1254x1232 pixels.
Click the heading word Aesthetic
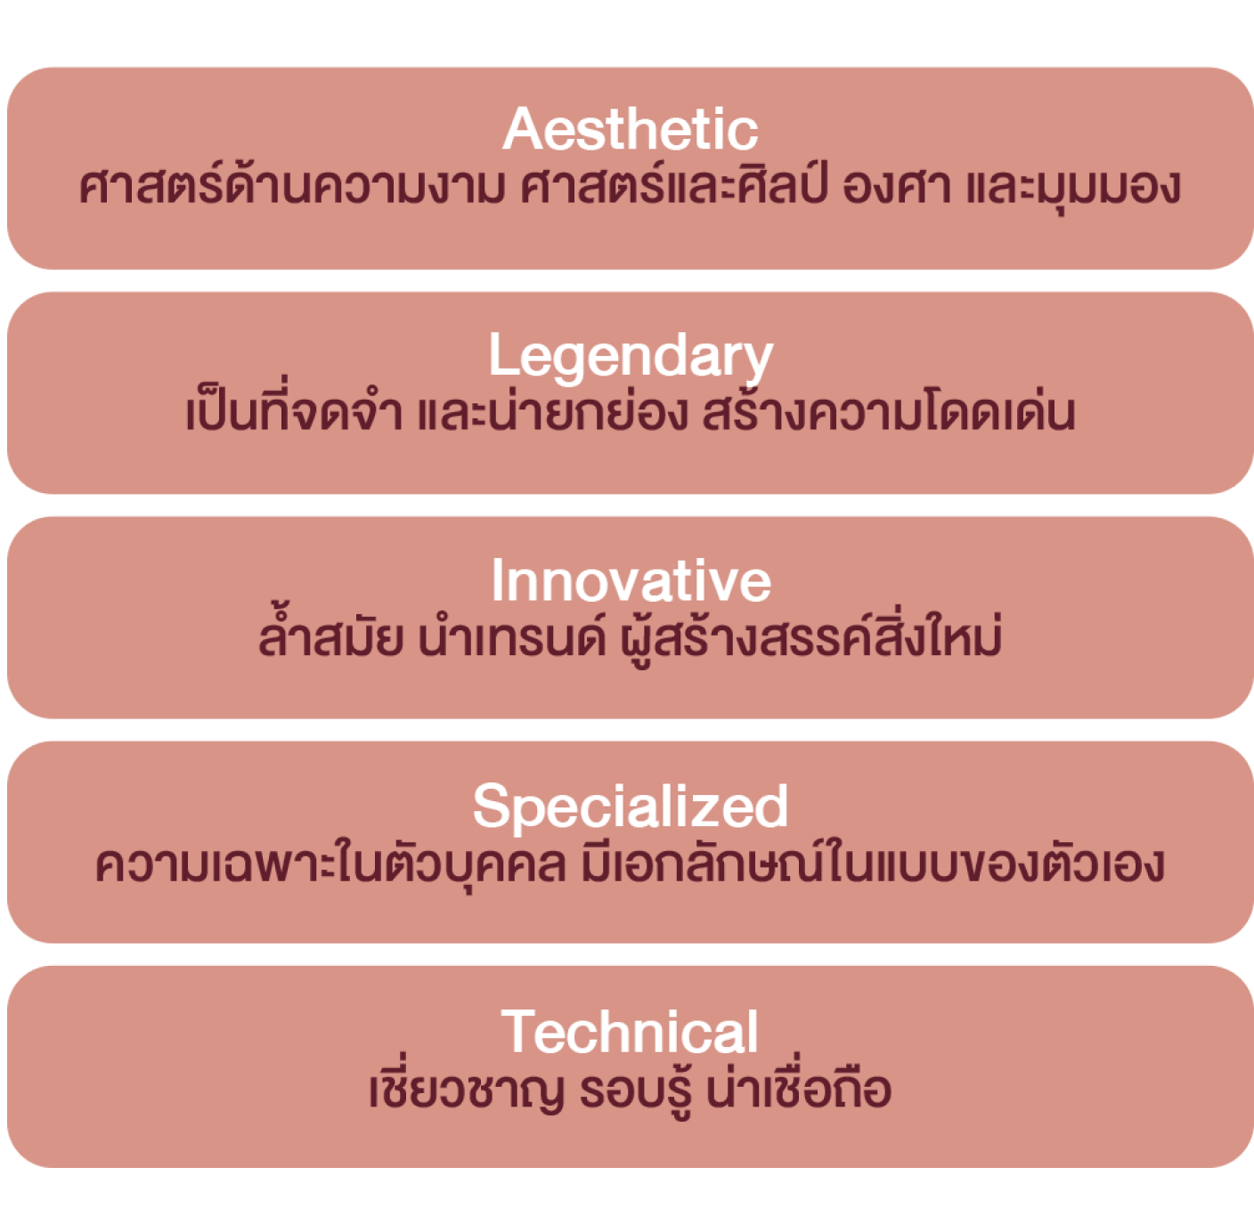630,129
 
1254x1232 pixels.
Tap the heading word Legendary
631,357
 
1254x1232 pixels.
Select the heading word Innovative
631,580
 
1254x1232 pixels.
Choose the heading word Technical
630,1032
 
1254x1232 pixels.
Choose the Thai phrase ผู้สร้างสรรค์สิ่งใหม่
810,637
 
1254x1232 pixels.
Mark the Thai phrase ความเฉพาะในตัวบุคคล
330,865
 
